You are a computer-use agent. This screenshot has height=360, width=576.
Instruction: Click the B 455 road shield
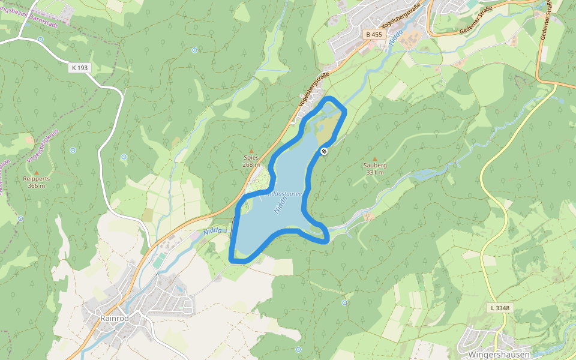[x=374, y=35]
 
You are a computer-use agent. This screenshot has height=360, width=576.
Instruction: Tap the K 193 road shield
[x=79, y=68]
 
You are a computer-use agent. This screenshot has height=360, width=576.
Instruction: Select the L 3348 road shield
[x=499, y=308]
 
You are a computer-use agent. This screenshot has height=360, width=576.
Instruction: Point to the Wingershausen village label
[x=496, y=354]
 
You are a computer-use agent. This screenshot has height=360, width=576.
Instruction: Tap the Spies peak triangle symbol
[x=251, y=151]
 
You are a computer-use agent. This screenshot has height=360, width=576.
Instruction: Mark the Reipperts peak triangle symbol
[x=36, y=172]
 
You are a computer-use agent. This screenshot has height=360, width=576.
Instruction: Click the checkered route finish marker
[x=324, y=151]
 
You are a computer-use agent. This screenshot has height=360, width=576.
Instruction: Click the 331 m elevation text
[x=375, y=172]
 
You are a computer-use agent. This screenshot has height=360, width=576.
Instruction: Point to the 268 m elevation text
[x=251, y=164]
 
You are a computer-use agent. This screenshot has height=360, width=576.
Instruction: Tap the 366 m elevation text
[x=36, y=186]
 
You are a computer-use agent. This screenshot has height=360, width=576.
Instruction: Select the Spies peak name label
[x=251, y=158]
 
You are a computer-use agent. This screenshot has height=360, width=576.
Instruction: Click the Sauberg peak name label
[x=375, y=165]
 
